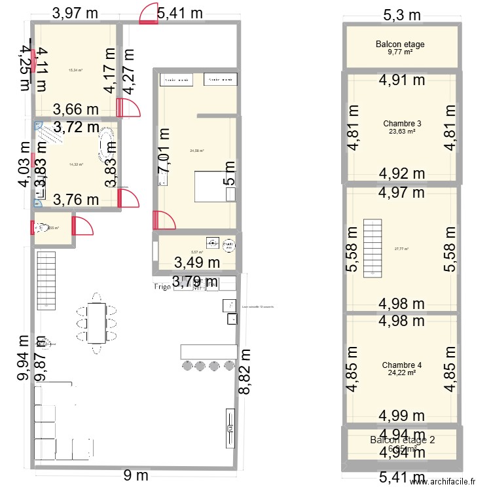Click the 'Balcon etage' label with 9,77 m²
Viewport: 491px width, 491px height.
(x=400, y=45)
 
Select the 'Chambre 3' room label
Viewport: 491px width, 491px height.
(x=402, y=123)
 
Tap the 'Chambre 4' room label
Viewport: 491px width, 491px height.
(x=402, y=365)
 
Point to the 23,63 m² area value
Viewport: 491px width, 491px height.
(x=402, y=132)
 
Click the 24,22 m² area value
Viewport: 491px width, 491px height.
(x=402, y=374)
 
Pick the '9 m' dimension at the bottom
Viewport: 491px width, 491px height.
(x=136, y=476)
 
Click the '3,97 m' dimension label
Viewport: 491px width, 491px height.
(x=75, y=12)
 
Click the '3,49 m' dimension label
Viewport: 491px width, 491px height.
(x=196, y=263)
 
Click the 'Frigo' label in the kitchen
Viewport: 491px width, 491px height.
(x=162, y=287)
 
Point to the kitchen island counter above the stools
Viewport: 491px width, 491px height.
(x=207, y=351)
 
